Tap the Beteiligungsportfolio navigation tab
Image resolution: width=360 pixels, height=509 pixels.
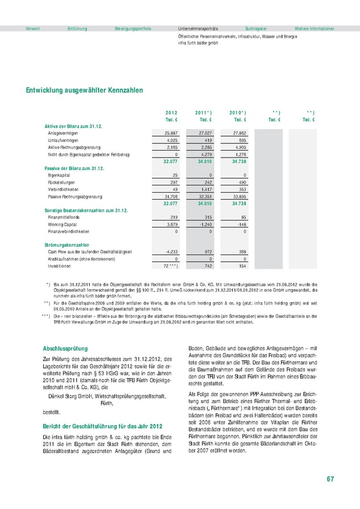tap(133, 28)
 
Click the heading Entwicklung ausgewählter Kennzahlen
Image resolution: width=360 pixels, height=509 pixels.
tap(84, 90)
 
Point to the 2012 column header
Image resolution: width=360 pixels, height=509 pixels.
tap(171, 112)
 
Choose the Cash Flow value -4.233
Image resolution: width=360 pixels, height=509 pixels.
tap(171, 251)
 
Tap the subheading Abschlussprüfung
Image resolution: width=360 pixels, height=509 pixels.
tap(66, 349)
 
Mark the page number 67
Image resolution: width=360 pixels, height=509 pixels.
tap(330, 480)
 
